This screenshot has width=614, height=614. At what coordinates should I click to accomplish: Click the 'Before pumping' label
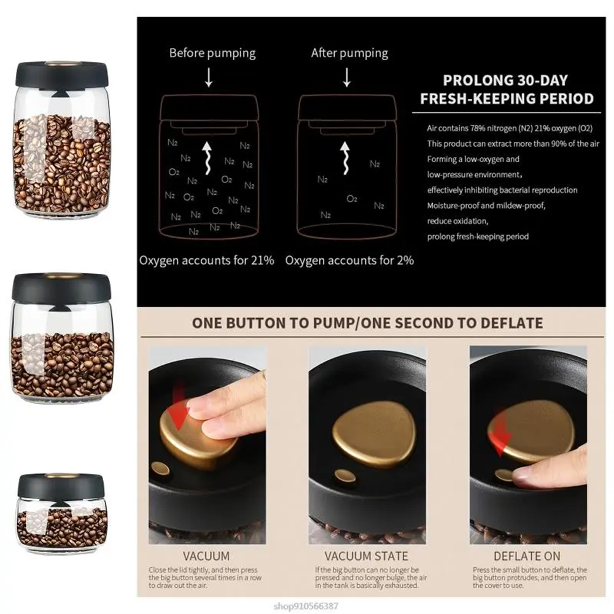tap(212, 53)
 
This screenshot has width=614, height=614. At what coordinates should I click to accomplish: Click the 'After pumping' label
tap(349, 53)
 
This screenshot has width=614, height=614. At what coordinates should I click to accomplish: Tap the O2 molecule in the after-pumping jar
tap(352, 198)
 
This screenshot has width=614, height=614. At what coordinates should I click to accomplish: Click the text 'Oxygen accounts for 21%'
tap(206, 260)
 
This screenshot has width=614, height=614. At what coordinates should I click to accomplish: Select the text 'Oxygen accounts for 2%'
tap(349, 260)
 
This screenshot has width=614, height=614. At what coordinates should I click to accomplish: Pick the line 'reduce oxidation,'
tap(457, 220)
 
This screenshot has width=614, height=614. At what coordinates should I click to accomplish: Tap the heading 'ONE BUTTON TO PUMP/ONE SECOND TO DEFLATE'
tap(367, 323)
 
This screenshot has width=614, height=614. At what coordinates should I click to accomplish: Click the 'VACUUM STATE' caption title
tap(366, 557)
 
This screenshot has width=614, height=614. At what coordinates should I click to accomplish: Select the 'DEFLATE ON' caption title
tap(527, 557)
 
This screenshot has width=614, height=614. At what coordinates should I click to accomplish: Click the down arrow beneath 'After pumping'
tap(347, 77)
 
